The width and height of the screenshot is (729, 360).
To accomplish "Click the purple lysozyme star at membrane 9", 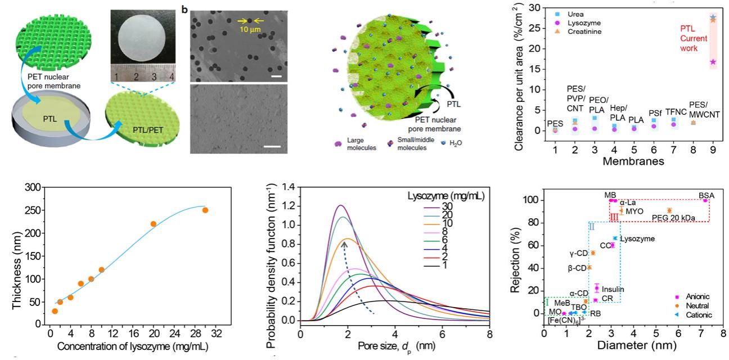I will (713, 62).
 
